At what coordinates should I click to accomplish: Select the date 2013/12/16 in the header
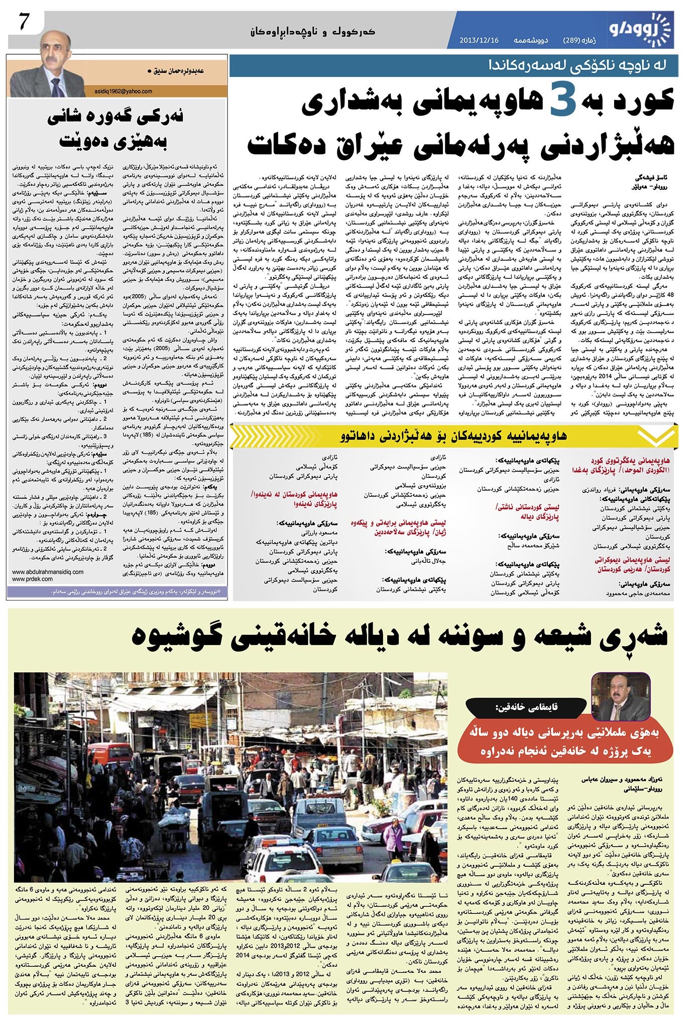pos(479,40)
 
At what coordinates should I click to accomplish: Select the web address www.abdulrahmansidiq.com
pos(48,572)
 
